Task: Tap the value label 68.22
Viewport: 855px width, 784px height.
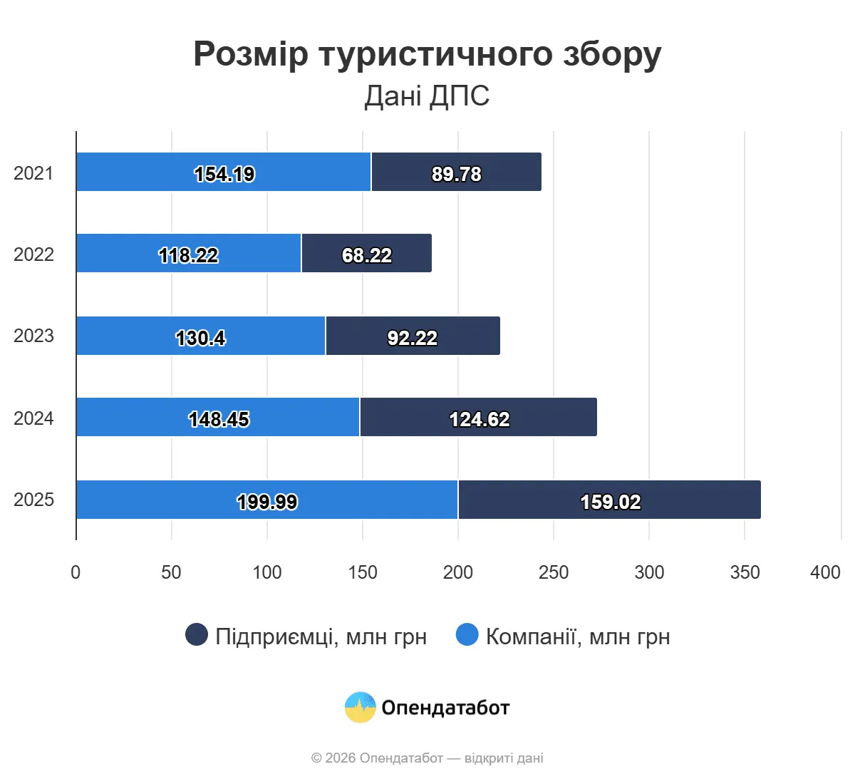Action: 367,255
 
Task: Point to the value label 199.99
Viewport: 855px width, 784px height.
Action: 267,502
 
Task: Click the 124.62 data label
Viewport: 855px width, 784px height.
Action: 480,419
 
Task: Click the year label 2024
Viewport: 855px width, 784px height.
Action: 33,418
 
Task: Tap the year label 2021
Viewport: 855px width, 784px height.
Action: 33,173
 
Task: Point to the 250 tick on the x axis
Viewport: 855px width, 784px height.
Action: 554,572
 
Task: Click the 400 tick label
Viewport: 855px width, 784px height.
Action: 825,572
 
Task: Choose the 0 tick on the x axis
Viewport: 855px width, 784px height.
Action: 76,572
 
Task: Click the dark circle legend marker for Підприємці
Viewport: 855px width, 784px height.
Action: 197,634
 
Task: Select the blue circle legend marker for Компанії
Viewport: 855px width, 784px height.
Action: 467,634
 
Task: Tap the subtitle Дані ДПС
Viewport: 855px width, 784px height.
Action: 427,96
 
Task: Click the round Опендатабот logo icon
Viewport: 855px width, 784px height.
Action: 360,707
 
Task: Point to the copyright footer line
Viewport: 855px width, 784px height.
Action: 427,758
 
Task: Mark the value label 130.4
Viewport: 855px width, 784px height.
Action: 201,338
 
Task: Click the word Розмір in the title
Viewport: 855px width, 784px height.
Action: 251,54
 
